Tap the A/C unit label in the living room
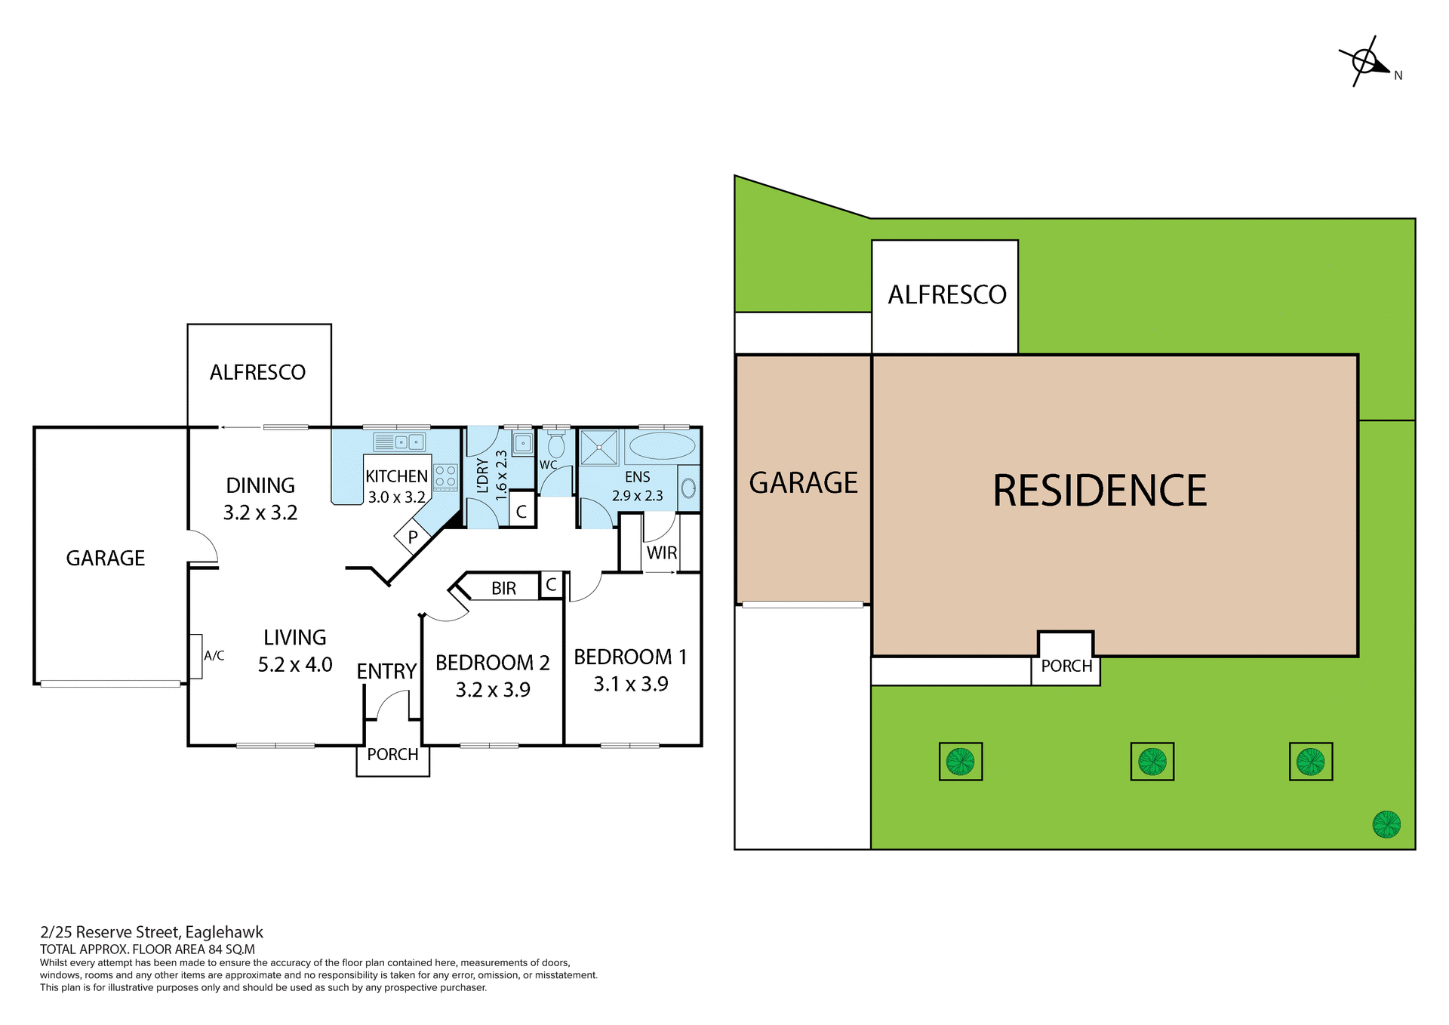(214, 656)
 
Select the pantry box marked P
(412, 537)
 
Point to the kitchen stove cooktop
(445, 477)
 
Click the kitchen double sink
(400, 442)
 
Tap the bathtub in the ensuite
(662, 446)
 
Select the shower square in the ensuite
(599, 447)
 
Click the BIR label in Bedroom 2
(503, 588)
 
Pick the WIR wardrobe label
(662, 553)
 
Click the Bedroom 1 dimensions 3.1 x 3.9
(631, 684)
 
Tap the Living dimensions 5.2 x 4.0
(295, 664)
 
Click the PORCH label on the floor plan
(392, 754)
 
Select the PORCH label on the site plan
(1066, 666)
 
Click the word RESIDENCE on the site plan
(1100, 491)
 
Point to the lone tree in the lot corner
(1386, 824)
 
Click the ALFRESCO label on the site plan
(947, 294)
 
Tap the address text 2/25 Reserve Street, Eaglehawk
(152, 932)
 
